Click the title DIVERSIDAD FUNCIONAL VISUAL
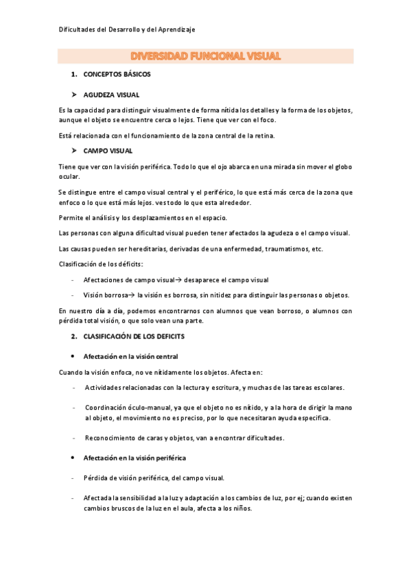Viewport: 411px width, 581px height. tap(205, 56)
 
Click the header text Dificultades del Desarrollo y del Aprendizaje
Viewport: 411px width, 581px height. tap(127, 29)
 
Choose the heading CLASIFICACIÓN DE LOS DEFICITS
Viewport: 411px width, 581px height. tap(134, 337)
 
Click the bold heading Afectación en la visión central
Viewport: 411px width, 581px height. tap(130, 356)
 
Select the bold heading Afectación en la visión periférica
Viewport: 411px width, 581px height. tap(134, 457)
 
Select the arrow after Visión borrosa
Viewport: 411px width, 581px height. tap(131, 295)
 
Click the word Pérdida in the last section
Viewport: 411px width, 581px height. tap(95, 478)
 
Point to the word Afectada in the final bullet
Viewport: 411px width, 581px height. tap(97, 498)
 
